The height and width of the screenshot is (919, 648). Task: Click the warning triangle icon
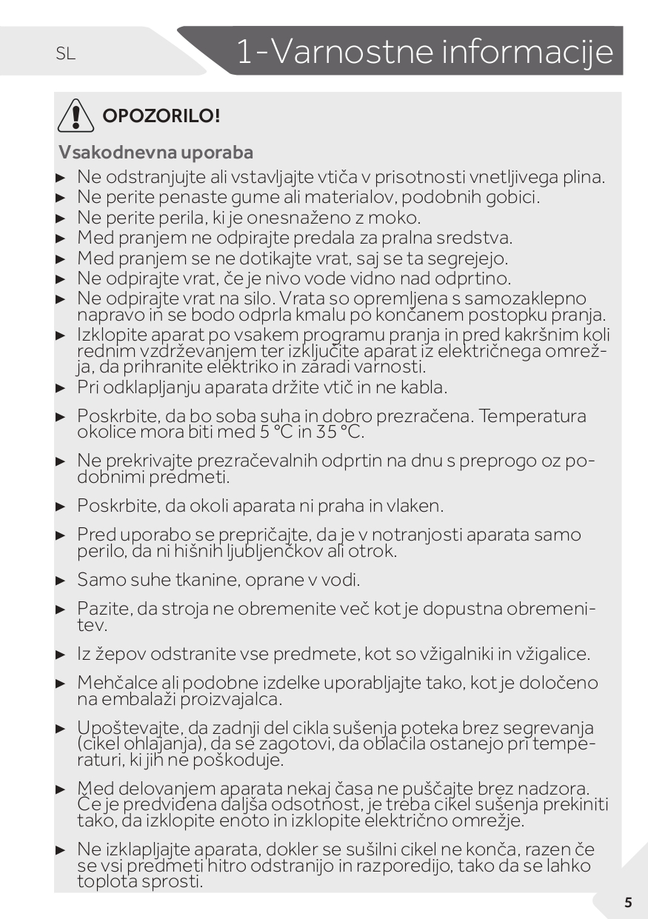click(x=74, y=116)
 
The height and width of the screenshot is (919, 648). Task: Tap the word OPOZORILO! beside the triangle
click(x=161, y=116)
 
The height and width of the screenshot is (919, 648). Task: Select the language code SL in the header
click(x=65, y=53)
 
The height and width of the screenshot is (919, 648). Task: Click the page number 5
click(x=628, y=902)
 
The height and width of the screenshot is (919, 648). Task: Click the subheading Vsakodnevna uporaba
click(x=156, y=153)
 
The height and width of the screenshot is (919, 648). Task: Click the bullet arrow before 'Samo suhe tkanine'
click(x=61, y=581)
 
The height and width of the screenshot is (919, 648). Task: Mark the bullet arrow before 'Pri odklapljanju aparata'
click(x=61, y=387)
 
